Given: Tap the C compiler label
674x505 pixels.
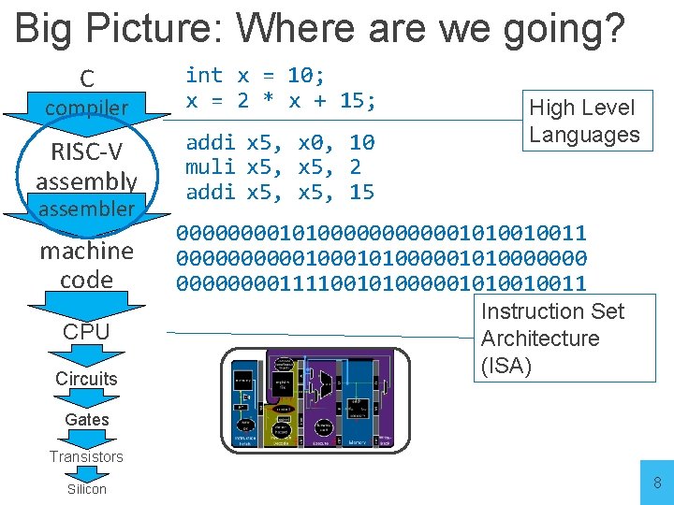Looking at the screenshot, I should [x=86, y=94].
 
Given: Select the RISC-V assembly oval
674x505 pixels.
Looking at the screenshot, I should [x=86, y=166].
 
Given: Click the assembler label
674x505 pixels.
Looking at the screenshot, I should [x=86, y=208].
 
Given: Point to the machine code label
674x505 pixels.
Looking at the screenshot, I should [x=86, y=265].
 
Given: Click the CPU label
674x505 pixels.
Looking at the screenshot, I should [x=86, y=332].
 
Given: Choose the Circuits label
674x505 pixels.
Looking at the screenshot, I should [x=86, y=379].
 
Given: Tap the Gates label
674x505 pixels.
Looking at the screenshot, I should [x=87, y=420].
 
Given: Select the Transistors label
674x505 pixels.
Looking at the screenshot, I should [x=86, y=456].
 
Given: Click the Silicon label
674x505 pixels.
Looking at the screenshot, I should [x=86, y=489].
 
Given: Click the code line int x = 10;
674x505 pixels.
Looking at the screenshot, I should [x=255, y=76].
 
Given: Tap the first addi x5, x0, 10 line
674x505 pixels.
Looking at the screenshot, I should [x=280, y=143].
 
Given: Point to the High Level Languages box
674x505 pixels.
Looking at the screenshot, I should [x=584, y=121].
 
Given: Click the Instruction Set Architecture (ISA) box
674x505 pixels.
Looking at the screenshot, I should [x=565, y=338].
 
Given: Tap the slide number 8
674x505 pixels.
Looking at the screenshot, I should [x=656, y=483].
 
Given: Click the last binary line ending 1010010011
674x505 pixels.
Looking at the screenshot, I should [x=381, y=282].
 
